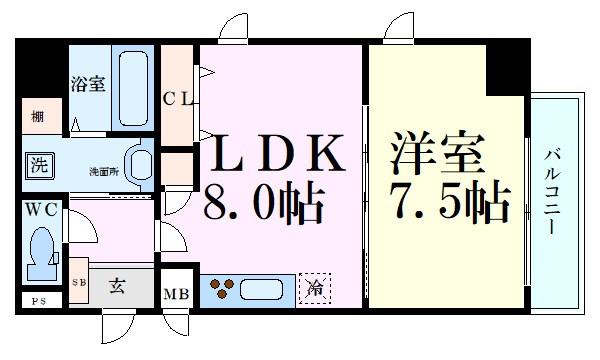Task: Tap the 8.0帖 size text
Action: [x=264, y=204]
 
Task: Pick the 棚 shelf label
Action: [x=36, y=115]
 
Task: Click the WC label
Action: [x=41, y=212]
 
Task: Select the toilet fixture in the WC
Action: [x=42, y=252]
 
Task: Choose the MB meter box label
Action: [x=178, y=294]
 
